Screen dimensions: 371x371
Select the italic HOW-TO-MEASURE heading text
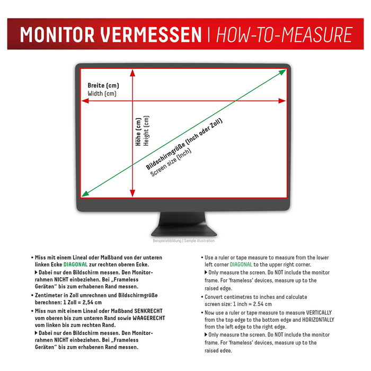point(284,34)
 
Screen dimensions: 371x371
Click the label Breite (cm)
point(103,86)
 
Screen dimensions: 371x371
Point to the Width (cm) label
point(102,94)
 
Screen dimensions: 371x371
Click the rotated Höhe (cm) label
point(138,131)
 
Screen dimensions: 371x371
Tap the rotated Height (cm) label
point(147,131)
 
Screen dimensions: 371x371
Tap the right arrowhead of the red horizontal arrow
point(284,101)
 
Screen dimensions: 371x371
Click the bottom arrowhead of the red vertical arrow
point(132,192)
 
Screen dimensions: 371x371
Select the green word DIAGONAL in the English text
point(241,264)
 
